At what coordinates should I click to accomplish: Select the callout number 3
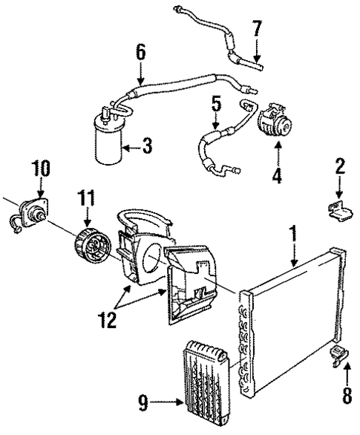(x=147, y=145)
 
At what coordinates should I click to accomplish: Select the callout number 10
(x=42, y=168)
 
